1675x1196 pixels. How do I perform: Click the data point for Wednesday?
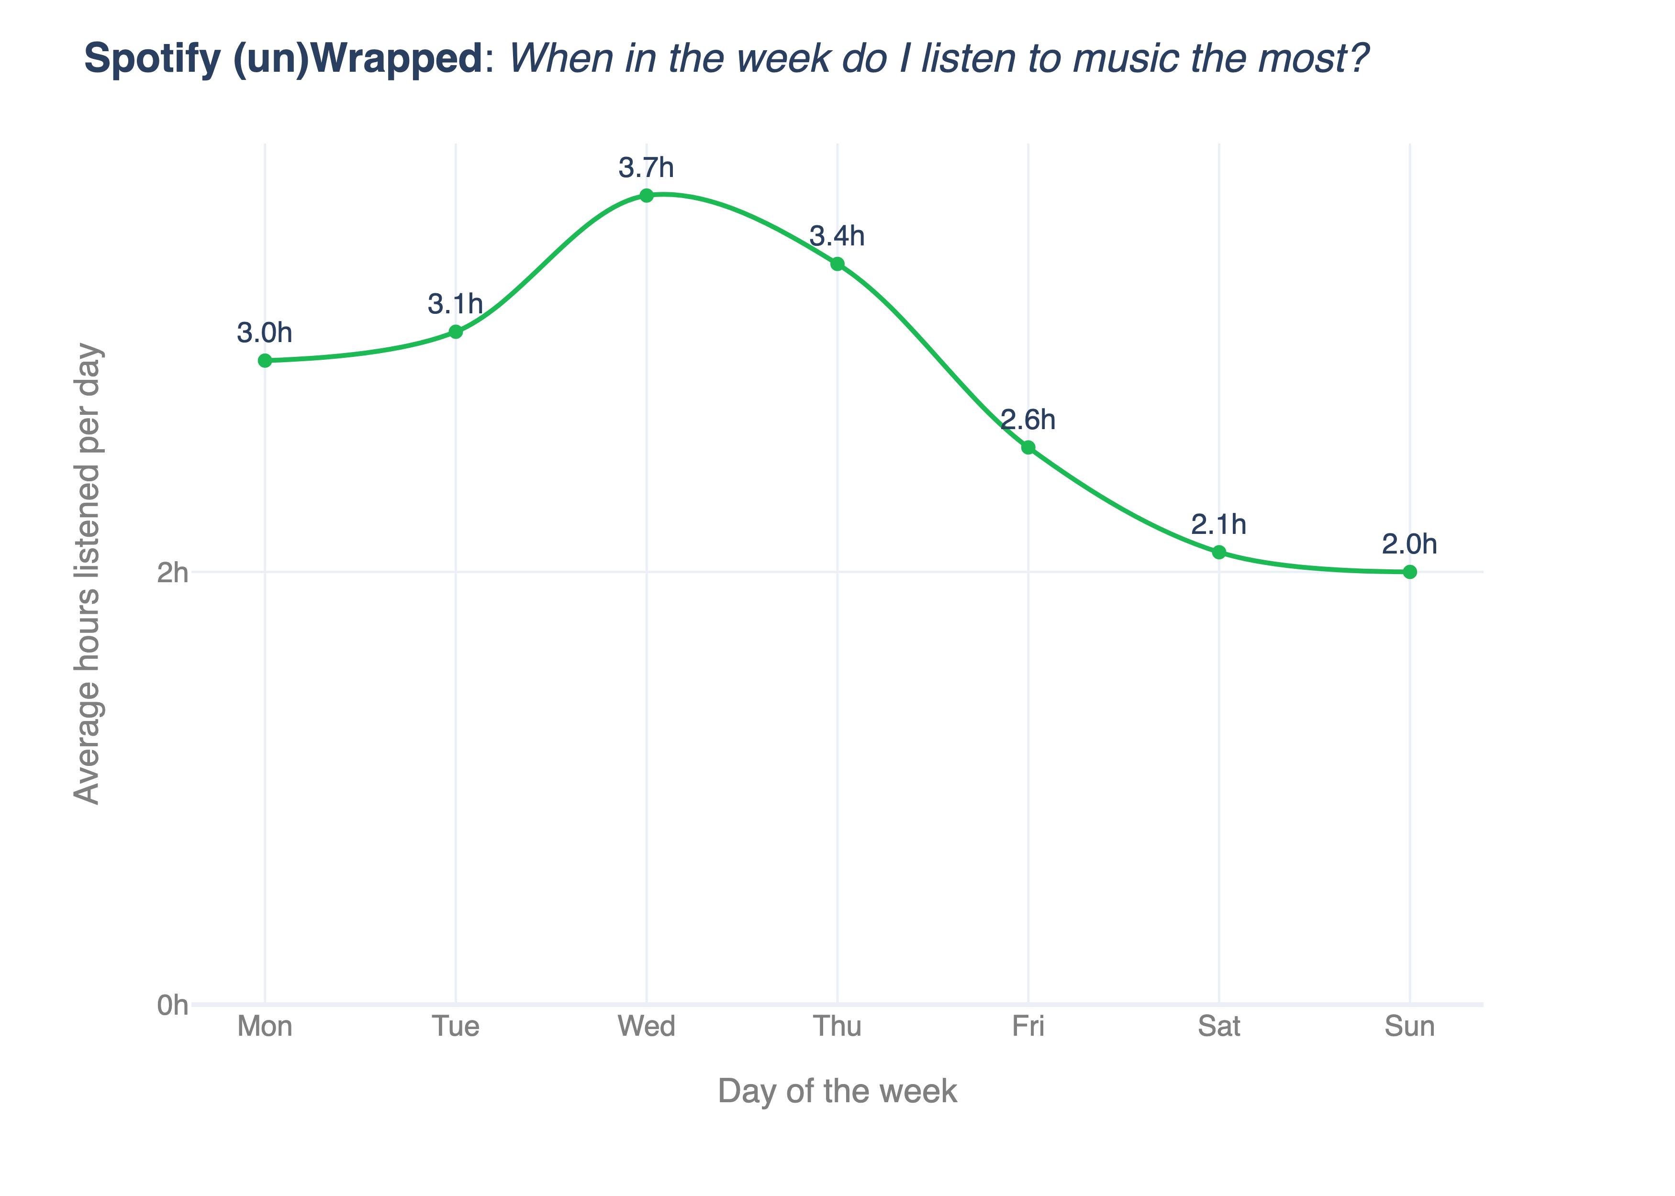coord(646,195)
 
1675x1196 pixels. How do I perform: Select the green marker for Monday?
coord(265,360)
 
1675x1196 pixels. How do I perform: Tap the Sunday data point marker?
coord(1409,572)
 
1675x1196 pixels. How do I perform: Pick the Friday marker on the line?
coord(1028,447)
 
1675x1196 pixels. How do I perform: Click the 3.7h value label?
coord(646,168)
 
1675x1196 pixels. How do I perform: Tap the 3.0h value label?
coord(265,333)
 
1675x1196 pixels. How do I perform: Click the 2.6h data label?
coord(1028,420)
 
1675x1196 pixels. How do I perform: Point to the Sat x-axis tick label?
coord(1218,1026)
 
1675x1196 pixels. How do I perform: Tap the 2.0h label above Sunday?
coord(1409,544)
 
